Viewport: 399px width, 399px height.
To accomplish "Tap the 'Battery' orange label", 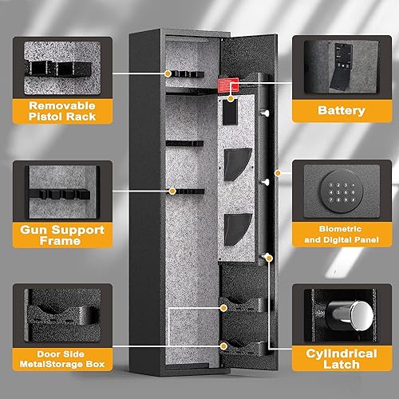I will coord(336,112).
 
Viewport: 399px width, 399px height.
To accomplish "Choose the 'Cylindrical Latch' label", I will coord(336,358).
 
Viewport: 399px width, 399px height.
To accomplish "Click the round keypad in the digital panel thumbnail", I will coord(336,190).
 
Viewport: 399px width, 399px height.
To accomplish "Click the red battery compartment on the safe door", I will coord(231,85).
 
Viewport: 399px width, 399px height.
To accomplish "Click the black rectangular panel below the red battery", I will coord(230,113).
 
